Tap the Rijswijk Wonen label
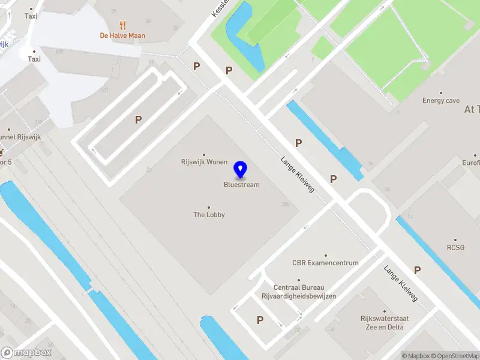pos(204,162)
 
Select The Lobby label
pos(209,214)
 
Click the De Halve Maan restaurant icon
pos(122,25)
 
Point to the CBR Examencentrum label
pos(325,263)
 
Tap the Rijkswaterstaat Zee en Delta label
pos(368,323)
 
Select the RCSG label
pos(455,247)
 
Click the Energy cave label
pos(441,101)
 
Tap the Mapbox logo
pos(26,352)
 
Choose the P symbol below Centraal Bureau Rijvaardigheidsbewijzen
pos(260,320)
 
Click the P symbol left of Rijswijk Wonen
pos(138,120)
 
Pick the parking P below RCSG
pos(417,271)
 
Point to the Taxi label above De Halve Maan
pos(31,16)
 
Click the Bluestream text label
pos(242,185)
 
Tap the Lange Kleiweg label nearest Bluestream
pos(297,175)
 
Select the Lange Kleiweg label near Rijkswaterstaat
pos(401,283)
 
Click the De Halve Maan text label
pos(122,35)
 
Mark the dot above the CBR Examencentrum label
pos(325,255)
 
